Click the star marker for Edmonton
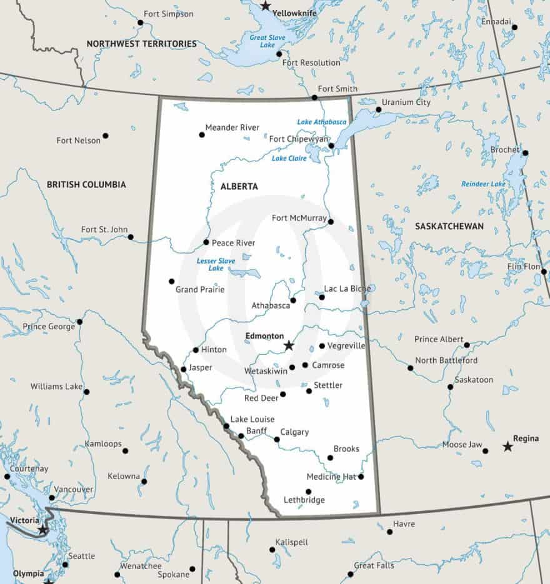289,345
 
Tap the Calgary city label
294,432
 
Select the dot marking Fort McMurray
331,221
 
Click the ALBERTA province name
239,186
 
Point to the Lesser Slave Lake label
216,264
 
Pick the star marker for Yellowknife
266,6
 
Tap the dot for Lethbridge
308,492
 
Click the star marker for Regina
507,447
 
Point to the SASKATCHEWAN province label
449,226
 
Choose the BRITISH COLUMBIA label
86,184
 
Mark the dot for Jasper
183,369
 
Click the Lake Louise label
252,419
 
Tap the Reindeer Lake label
483,184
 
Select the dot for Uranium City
378,110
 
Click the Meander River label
232,127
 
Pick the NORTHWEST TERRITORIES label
141,44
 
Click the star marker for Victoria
42,530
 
